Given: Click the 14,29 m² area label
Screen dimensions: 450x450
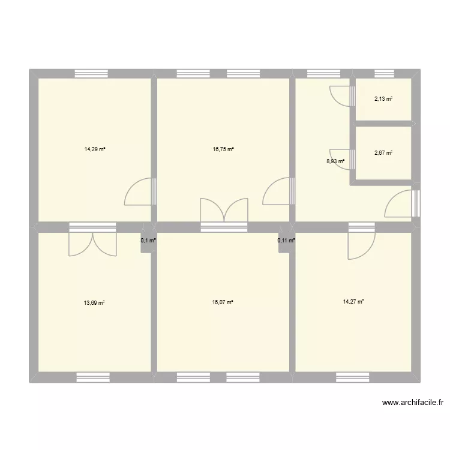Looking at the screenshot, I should [95, 149].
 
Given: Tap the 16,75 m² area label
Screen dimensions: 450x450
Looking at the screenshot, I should [223, 149].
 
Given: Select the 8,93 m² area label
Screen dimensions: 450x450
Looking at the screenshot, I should [335, 161].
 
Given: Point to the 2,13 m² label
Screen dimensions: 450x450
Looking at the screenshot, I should [383, 99].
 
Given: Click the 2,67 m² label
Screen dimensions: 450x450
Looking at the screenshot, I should [383, 153].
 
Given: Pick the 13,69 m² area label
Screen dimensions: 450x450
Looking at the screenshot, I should [95, 303].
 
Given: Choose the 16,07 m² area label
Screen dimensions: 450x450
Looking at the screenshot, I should [223, 303].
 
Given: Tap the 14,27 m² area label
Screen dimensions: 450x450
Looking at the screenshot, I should [353, 302].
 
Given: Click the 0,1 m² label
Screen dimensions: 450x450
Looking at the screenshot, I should [148, 241].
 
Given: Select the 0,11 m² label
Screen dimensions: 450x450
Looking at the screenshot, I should [286, 241].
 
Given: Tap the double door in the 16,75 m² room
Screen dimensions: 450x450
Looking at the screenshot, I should [224, 211].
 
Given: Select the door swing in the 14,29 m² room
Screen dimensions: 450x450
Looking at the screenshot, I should [139, 193].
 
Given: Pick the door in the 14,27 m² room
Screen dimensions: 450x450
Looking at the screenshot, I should [361, 245].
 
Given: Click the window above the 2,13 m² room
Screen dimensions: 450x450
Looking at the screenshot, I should [383, 74].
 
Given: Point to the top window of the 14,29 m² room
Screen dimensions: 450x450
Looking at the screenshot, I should [91, 74].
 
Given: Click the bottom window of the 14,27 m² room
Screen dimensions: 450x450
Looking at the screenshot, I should [352, 377].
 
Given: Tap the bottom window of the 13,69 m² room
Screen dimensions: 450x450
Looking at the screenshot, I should [93, 377].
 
